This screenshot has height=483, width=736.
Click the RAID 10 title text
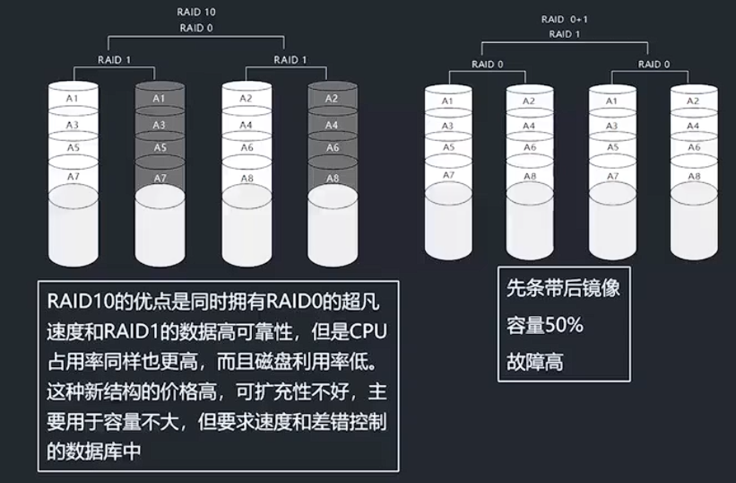(197, 13)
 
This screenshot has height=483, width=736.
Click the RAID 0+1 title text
(565, 19)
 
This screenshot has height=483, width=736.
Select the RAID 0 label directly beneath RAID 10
(197, 27)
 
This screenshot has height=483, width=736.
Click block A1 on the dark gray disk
(159, 98)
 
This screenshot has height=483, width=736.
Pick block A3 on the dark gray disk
(159, 125)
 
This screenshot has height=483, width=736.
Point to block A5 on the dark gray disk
(159, 147)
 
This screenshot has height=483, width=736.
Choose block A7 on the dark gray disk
(159, 178)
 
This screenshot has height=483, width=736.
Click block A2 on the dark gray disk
(332, 98)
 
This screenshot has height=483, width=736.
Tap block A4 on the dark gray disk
(332, 125)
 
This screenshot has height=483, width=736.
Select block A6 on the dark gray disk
(332, 147)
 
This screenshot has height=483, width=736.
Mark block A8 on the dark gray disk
(332, 178)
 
